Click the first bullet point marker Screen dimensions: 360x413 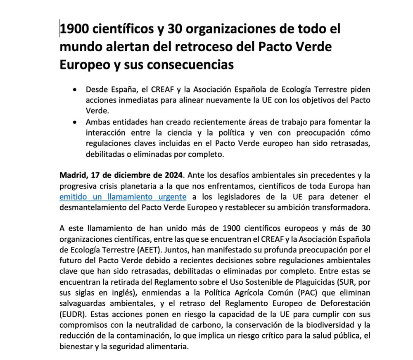(74, 89)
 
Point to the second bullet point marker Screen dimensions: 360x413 (74, 122)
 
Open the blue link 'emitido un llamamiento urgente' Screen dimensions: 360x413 (123, 197)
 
